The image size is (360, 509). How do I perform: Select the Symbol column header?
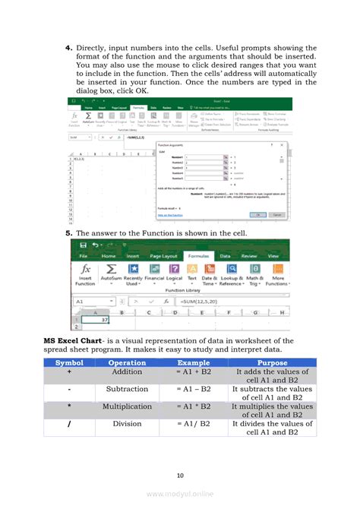pyautogui.click(x=69, y=362)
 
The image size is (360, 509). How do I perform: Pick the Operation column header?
pyautogui.click(x=127, y=362)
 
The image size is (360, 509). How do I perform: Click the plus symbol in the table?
pyautogui.click(x=69, y=373)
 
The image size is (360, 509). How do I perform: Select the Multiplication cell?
pyautogui.click(x=127, y=406)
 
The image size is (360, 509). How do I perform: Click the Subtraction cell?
pyautogui.click(x=127, y=390)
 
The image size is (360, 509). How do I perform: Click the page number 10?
pyautogui.click(x=180, y=476)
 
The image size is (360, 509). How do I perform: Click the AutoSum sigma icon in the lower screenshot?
pyautogui.click(x=110, y=270)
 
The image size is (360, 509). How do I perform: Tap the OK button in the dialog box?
pyautogui.click(x=259, y=215)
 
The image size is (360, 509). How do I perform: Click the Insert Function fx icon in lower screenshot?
pyautogui.click(x=86, y=270)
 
